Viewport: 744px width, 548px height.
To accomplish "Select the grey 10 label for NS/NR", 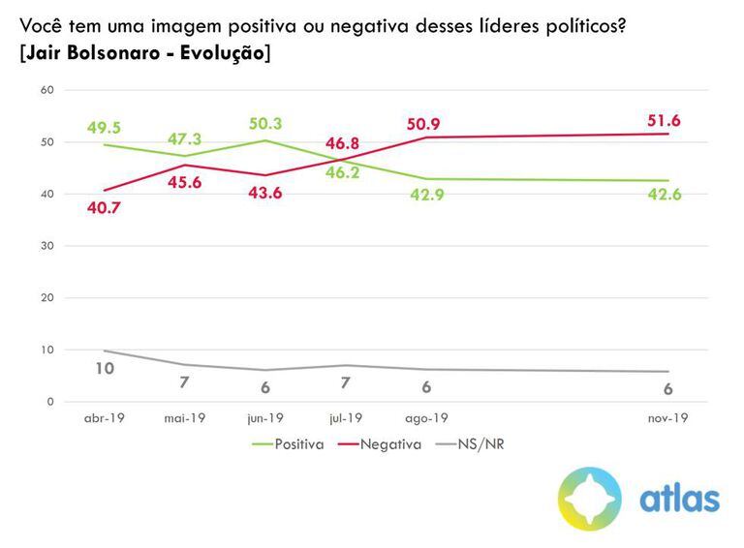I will point(106,367).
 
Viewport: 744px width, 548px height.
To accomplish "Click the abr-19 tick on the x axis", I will point(105,418).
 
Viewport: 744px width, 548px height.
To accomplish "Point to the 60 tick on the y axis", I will point(46,90).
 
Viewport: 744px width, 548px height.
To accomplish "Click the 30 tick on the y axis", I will point(46,246).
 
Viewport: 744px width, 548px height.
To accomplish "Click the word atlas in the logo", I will point(680,499).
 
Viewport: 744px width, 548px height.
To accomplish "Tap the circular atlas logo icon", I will point(590,499).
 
